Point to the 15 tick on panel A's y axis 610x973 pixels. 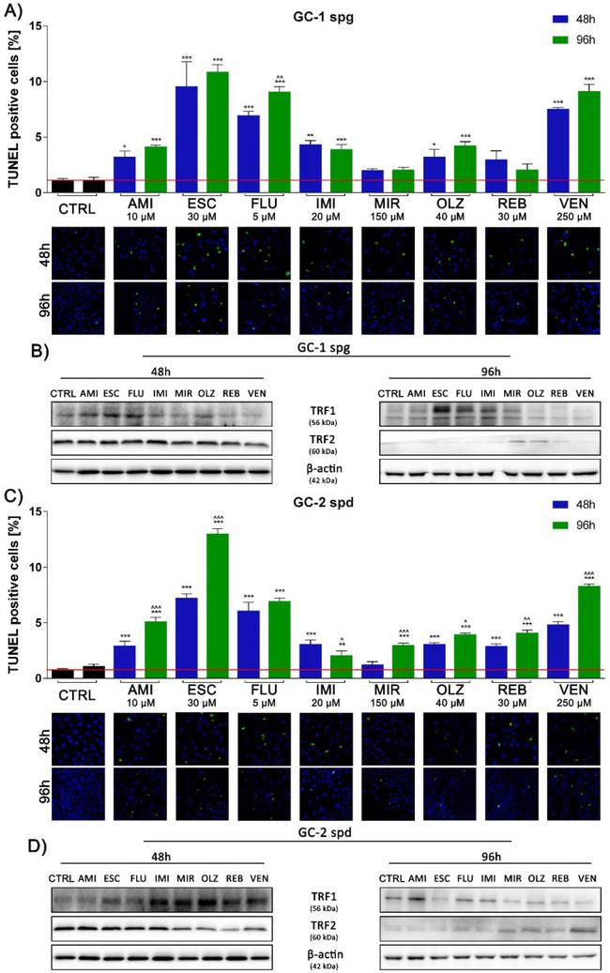tap(35, 25)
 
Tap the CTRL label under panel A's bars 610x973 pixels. tap(77, 208)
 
